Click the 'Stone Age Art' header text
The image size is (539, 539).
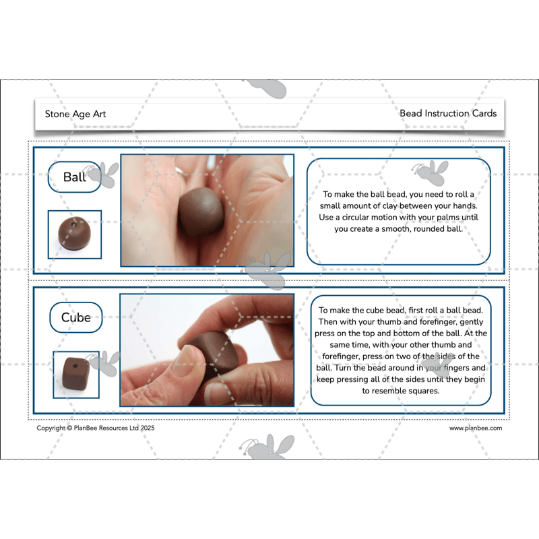pos(75,114)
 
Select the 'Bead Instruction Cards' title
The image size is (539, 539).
pos(448,113)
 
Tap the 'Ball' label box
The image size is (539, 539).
pos(74,177)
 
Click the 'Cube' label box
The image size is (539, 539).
pos(75,317)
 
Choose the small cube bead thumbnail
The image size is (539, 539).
pos(75,373)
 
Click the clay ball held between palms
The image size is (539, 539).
pos(201,212)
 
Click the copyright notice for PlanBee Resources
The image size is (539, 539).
pos(96,428)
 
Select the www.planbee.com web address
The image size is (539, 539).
pos(476,428)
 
